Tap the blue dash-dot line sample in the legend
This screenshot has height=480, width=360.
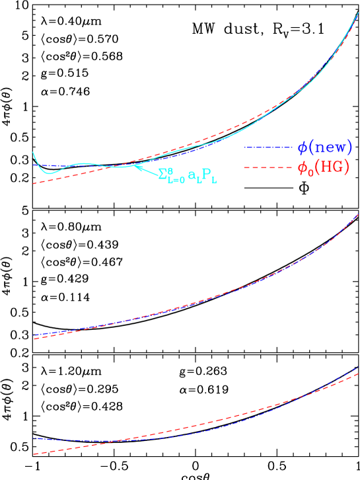click(x=268, y=147)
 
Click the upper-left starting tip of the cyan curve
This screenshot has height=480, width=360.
click(x=33, y=152)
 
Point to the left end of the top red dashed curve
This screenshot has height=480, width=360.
click(x=34, y=183)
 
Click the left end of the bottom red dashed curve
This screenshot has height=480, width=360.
click(x=34, y=454)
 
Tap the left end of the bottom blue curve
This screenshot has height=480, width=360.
click(x=34, y=438)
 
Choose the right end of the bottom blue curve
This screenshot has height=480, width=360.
click(x=359, y=367)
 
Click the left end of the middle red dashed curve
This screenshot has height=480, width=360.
click(x=34, y=339)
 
